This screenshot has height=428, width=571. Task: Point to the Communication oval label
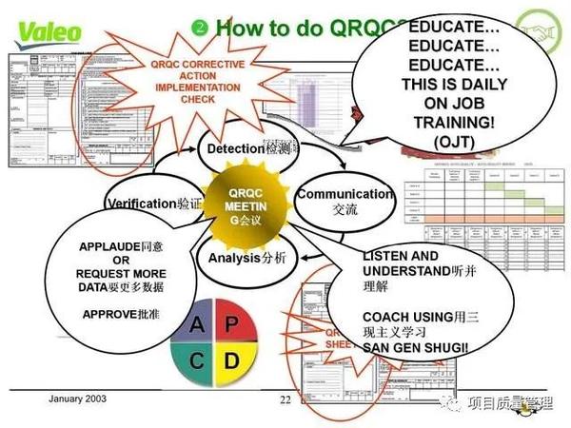pos(344,194)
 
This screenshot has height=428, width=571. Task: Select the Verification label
pos(143,204)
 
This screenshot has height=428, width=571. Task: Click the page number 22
pos(285,399)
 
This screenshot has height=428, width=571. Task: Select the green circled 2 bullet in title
pos(200,26)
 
